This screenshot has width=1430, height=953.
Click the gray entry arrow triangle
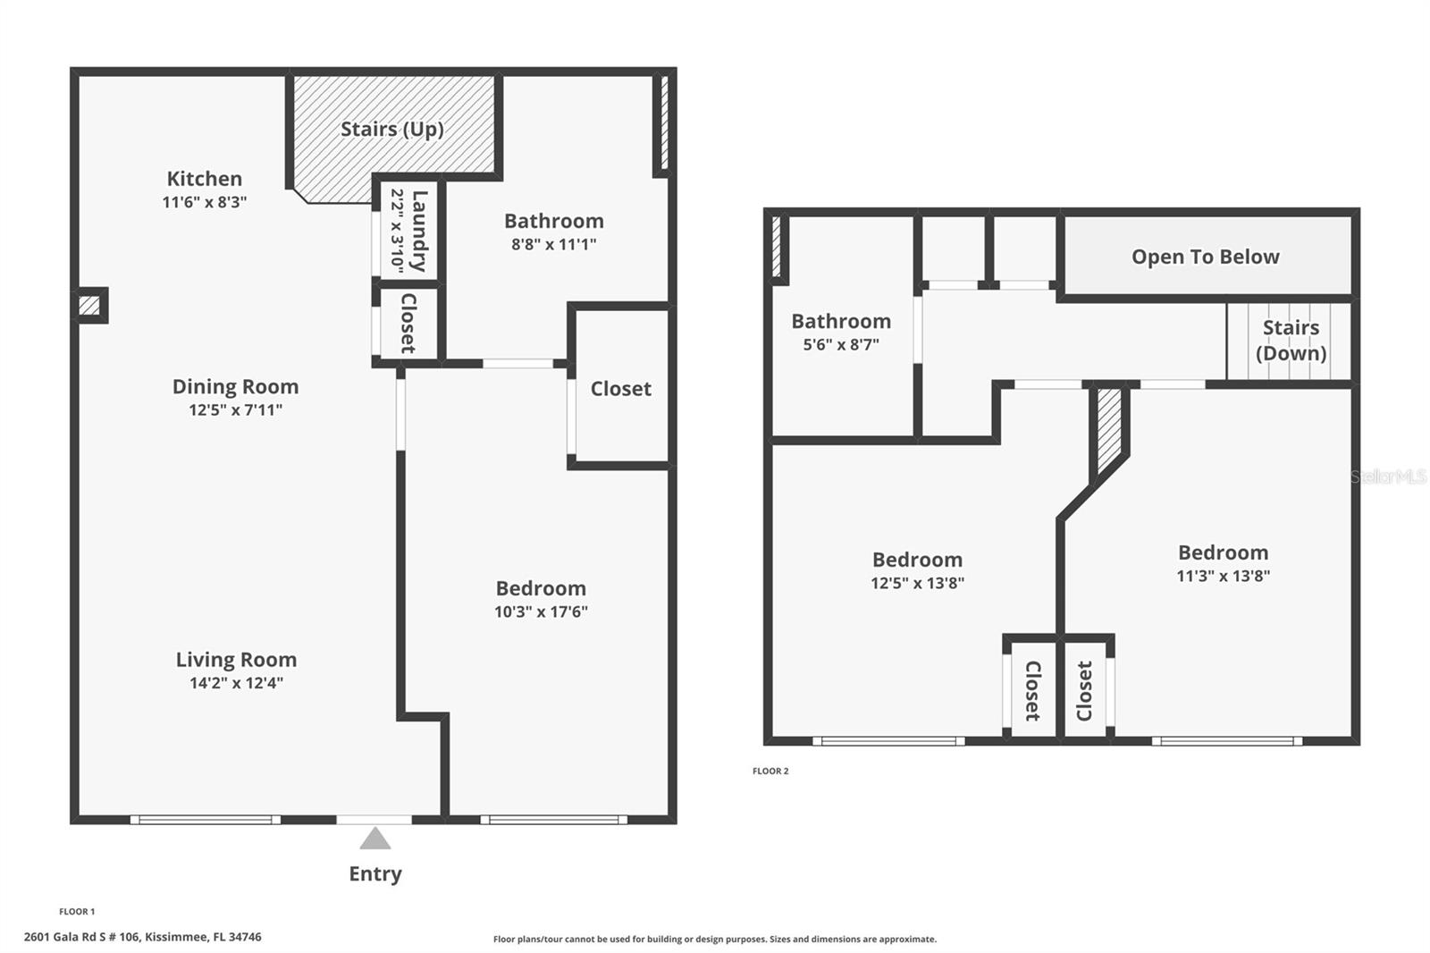(375, 839)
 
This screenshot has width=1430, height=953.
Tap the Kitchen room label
(204, 179)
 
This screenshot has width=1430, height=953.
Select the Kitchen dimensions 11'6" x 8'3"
(204, 202)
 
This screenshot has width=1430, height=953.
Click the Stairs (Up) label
(391, 129)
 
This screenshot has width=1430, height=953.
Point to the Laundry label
(418, 231)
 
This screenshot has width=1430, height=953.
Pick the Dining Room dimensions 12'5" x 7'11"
(235, 410)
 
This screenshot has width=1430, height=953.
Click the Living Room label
(236, 660)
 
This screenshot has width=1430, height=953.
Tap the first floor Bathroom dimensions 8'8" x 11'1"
(553, 244)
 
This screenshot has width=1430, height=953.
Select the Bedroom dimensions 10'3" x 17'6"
(541, 612)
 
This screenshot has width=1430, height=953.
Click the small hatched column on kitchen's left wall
(89, 306)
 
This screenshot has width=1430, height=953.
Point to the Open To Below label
(1205, 257)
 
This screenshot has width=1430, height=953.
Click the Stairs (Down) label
(1291, 341)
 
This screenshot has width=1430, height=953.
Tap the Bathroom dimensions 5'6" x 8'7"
(840, 345)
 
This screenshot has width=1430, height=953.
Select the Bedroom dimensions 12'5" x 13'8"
(917, 583)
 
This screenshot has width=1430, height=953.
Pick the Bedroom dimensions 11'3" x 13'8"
(1223, 576)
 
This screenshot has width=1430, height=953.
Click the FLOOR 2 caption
(770, 771)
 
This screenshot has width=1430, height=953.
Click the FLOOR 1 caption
(77, 912)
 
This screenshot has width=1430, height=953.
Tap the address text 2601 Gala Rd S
(143, 937)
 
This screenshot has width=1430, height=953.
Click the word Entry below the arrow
(375, 874)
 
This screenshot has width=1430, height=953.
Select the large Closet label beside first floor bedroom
(620, 389)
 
